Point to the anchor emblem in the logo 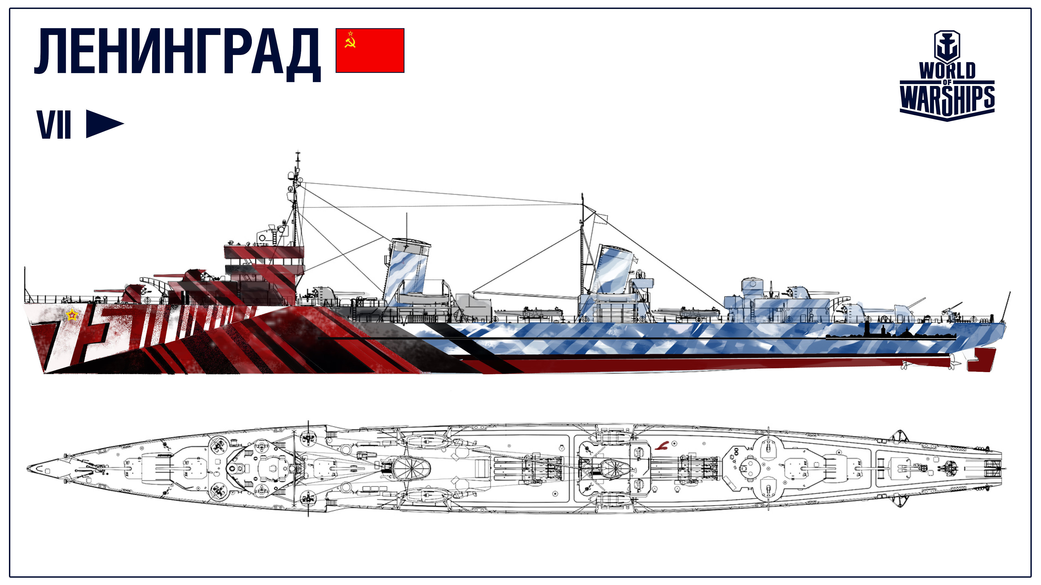point(947,46)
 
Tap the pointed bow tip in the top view point(27,468)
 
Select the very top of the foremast point(298,152)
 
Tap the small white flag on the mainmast point(601,218)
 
